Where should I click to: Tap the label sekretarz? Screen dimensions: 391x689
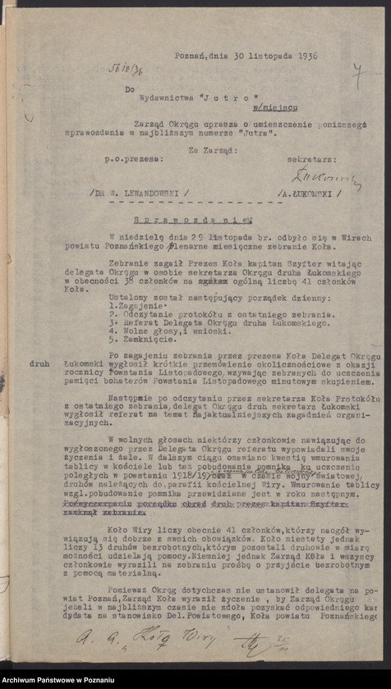point(310,154)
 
